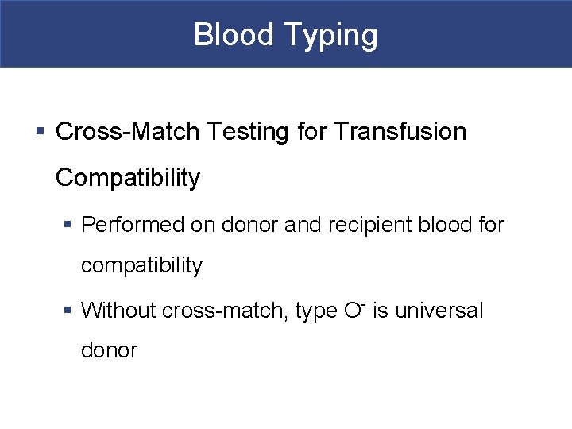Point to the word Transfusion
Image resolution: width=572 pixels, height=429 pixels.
[401, 131]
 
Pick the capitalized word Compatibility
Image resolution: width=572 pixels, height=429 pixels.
[128, 178]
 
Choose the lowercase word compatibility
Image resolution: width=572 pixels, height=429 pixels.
[142, 265]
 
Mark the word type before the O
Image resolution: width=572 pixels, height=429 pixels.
[316, 311]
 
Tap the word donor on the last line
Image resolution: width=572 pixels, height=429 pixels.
[109, 350]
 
